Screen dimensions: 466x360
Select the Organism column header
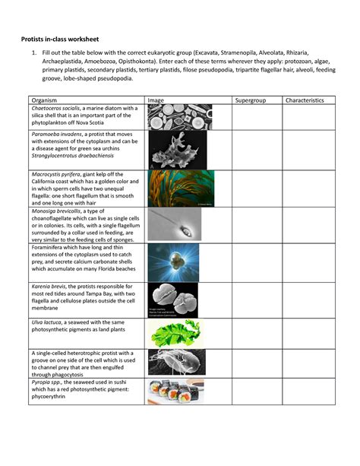pyautogui.click(x=45, y=100)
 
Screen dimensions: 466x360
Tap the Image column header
pyautogui.click(x=156, y=100)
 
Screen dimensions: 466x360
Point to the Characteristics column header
pyautogui.click(x=304, y=100)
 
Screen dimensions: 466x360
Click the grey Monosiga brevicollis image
pyautogui.click(x=174, y=225)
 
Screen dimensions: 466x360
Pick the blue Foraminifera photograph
pyautogui.click(x=173, y=262)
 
